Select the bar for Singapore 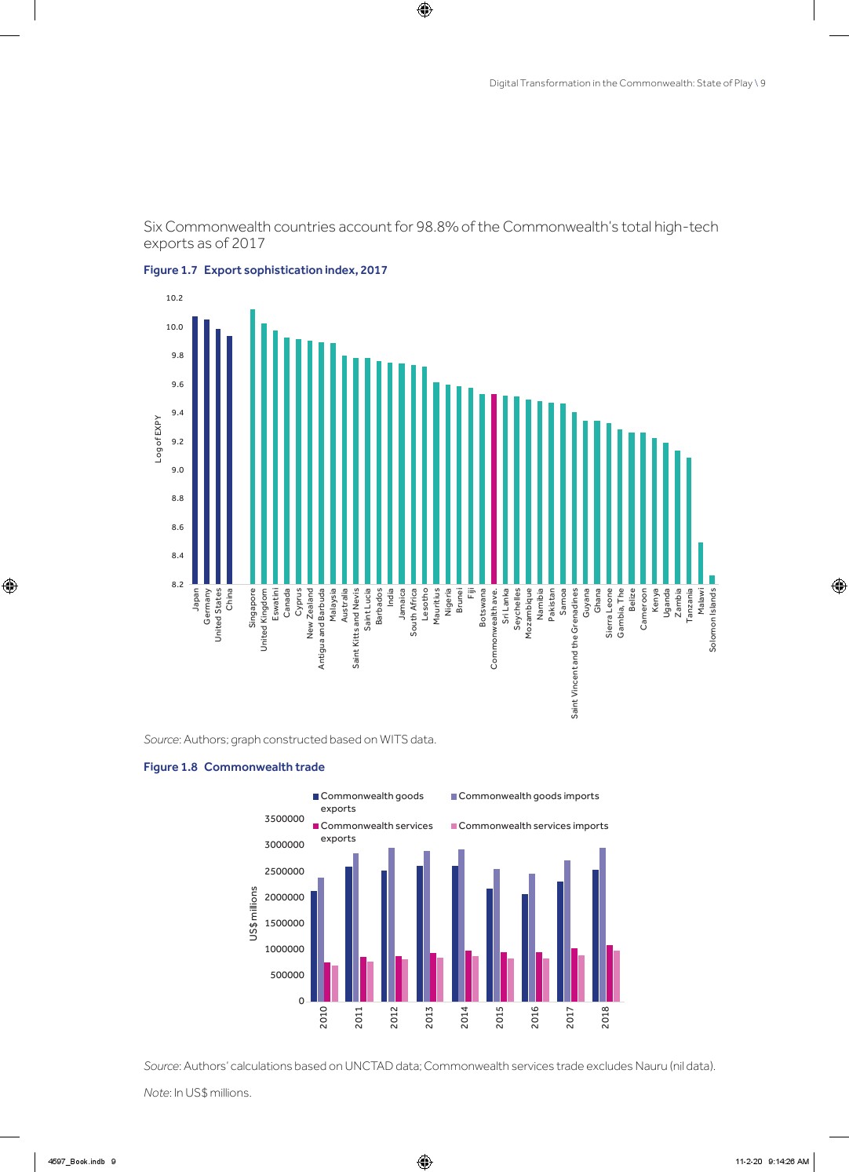click(253, 447)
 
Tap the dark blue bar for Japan click(195, 451)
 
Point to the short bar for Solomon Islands click(712, 580)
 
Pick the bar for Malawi click(701, 564)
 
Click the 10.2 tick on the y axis click(174, 298)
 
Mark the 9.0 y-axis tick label click(177, 470)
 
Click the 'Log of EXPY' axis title click(158, 439)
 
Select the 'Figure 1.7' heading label click(170, 270)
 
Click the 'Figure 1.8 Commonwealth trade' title click(234, 767)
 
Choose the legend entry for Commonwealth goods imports click(528, 796)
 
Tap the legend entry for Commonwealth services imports click(533, 826)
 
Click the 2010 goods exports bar click(314, 946)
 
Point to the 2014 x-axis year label click(465, 1017)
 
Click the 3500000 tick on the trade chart click(284, 819)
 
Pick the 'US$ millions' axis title click(253, 914)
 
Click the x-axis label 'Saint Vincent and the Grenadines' click(574, 653)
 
